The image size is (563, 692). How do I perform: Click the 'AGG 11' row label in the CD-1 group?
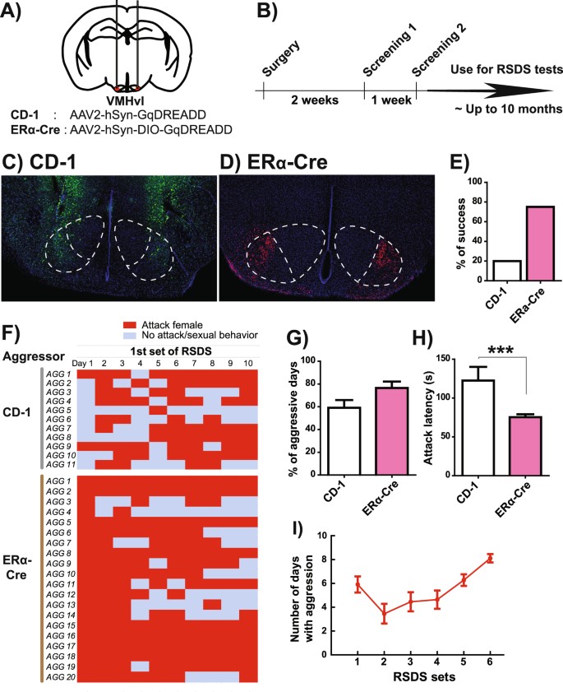click(62, 465)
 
